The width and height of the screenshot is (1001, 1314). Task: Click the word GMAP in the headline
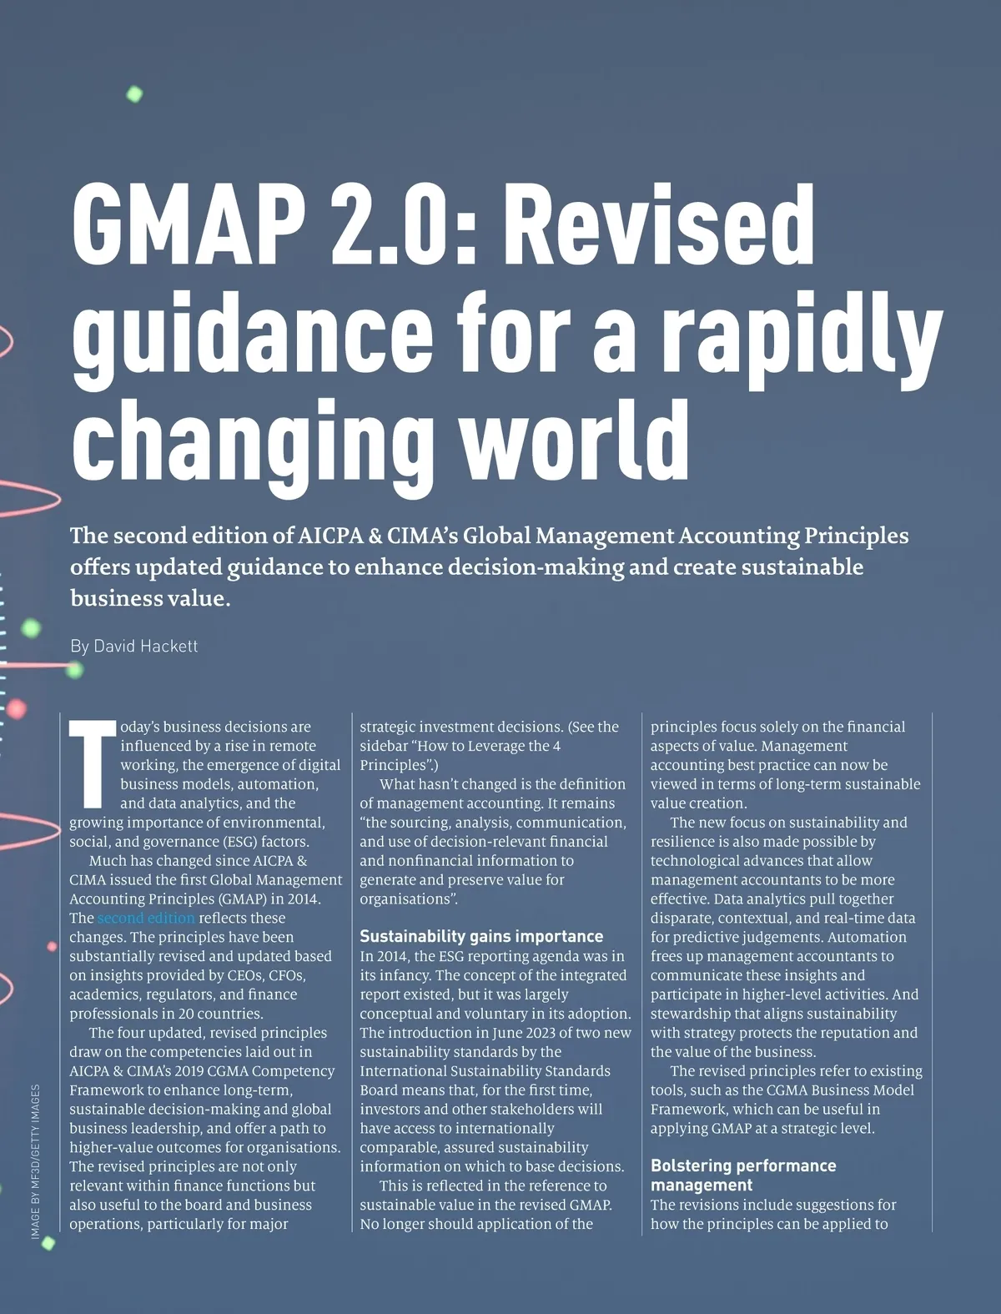tap(187, 224)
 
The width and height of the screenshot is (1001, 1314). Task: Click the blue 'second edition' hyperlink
tap(146, 919)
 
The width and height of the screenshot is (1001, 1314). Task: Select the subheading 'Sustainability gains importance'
tap(481, 937)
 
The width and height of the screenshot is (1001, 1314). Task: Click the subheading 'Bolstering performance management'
tap(742, 1176)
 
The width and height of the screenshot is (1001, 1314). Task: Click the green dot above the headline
tap(134, 94)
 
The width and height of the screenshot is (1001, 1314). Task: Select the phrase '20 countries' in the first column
tap(224, 1014)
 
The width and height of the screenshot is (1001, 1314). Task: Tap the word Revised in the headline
tap(658, 224)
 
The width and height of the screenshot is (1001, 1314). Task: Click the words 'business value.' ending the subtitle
tap(150, 599)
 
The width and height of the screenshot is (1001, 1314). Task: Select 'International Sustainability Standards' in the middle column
tap(485, 1071)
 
